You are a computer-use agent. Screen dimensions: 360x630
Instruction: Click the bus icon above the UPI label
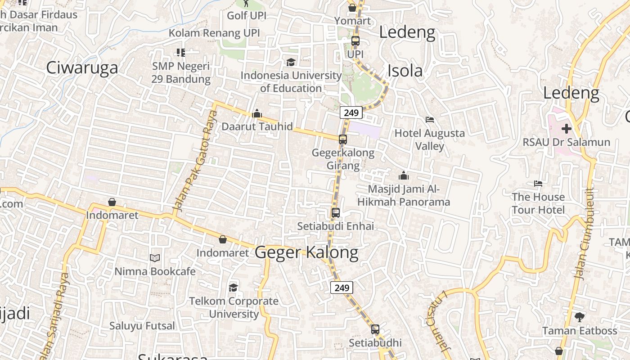[355, 41]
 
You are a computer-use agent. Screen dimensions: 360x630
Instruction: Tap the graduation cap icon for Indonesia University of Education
[291, 62]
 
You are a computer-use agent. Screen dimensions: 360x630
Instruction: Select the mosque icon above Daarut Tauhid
[257, 113]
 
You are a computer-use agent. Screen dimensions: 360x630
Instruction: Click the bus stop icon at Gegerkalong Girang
[343, 139]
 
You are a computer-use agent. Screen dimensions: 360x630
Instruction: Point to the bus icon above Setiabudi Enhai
[336, 213]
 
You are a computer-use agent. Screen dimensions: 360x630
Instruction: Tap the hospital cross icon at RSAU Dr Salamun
[566, 129]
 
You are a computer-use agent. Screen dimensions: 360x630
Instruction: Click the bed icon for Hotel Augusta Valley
[430, 120]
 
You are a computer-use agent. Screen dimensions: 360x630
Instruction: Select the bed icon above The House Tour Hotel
[538, 184]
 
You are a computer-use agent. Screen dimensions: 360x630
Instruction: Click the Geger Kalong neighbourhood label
[306, 252]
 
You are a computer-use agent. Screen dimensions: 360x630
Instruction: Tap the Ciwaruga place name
[82, 67]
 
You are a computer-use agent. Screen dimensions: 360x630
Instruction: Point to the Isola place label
[405, 71]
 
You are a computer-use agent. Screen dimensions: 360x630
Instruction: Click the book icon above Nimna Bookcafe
[155, 258]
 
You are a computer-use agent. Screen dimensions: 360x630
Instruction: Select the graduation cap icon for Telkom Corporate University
[233, 288]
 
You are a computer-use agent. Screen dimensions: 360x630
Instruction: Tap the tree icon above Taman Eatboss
[580, 317]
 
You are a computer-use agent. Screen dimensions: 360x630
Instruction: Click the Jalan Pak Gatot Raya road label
[195, 162]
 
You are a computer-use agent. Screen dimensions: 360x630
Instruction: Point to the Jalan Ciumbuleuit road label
[585, 234]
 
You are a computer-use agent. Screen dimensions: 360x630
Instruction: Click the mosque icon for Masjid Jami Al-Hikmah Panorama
[404, 175]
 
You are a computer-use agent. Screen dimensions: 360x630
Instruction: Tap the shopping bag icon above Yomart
[352, 8]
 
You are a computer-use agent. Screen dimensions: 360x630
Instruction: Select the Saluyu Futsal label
[142, 325]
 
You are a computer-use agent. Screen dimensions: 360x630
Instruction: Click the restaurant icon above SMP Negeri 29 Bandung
[181, 53]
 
